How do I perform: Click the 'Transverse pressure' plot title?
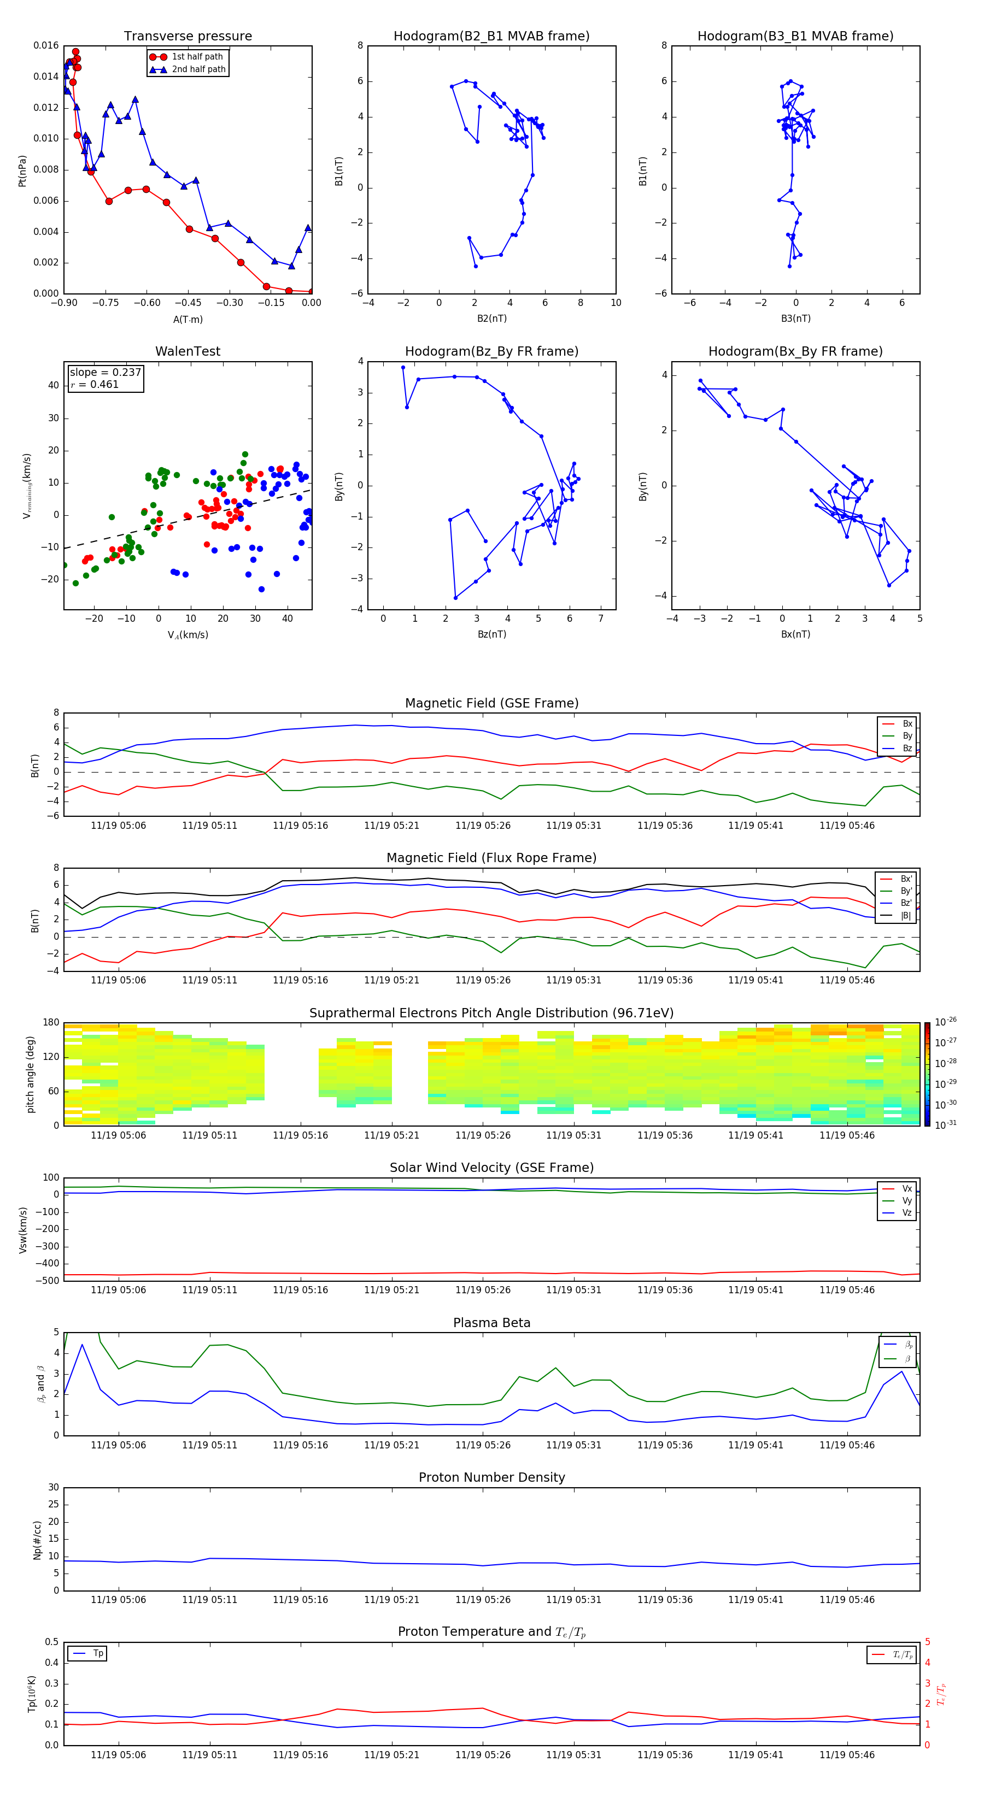pos(188,37)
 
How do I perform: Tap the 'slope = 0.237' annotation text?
pos(105,373)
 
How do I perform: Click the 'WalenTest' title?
pos(188,351)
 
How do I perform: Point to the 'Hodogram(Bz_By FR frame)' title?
pos(491,351)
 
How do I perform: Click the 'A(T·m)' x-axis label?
pos(188,319)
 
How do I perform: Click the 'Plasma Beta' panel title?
pos(491,1323)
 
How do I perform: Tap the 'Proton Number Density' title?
pos(491,1477)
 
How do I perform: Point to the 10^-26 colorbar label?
pos(945,1021)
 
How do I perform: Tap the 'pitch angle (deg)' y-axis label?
pos(30,1074)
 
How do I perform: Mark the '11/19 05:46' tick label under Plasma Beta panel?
pos(847,1445)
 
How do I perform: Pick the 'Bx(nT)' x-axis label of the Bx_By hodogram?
pos(795,634)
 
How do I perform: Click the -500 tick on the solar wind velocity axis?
pos(48,1281)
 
